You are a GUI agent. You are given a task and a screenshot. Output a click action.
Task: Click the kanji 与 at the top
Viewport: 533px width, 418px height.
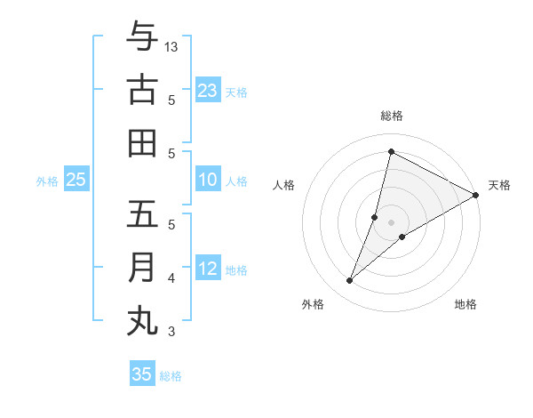click(142, 36)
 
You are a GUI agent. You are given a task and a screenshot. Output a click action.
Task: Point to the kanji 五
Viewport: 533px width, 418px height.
click(142, 214)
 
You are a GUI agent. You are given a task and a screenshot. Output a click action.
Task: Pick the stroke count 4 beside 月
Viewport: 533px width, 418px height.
click(171, 278)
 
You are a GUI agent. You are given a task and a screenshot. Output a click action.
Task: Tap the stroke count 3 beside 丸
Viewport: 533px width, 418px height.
click(171, 332)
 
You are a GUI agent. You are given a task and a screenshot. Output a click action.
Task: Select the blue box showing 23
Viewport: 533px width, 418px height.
click(208, 91)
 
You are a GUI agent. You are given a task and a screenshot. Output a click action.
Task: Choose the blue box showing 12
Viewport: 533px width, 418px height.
click(208, 269)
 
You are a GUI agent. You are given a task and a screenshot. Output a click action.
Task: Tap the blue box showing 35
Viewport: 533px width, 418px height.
click(142, 374)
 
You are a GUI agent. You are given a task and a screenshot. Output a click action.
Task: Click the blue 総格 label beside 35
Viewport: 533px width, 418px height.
click(171, 376)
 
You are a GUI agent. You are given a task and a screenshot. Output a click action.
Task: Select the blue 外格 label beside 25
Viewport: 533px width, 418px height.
click(47, 181)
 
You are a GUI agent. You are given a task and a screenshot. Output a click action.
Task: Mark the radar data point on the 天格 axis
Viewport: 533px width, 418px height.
click(476, 195)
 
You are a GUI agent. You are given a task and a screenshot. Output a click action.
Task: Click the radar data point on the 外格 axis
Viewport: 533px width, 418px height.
click(350, 281)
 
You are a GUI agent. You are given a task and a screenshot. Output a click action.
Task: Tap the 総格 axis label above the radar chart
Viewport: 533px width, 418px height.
click(392, 116)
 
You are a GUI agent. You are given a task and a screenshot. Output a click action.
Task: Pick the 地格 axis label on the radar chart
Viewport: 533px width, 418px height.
click(465, 304)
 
